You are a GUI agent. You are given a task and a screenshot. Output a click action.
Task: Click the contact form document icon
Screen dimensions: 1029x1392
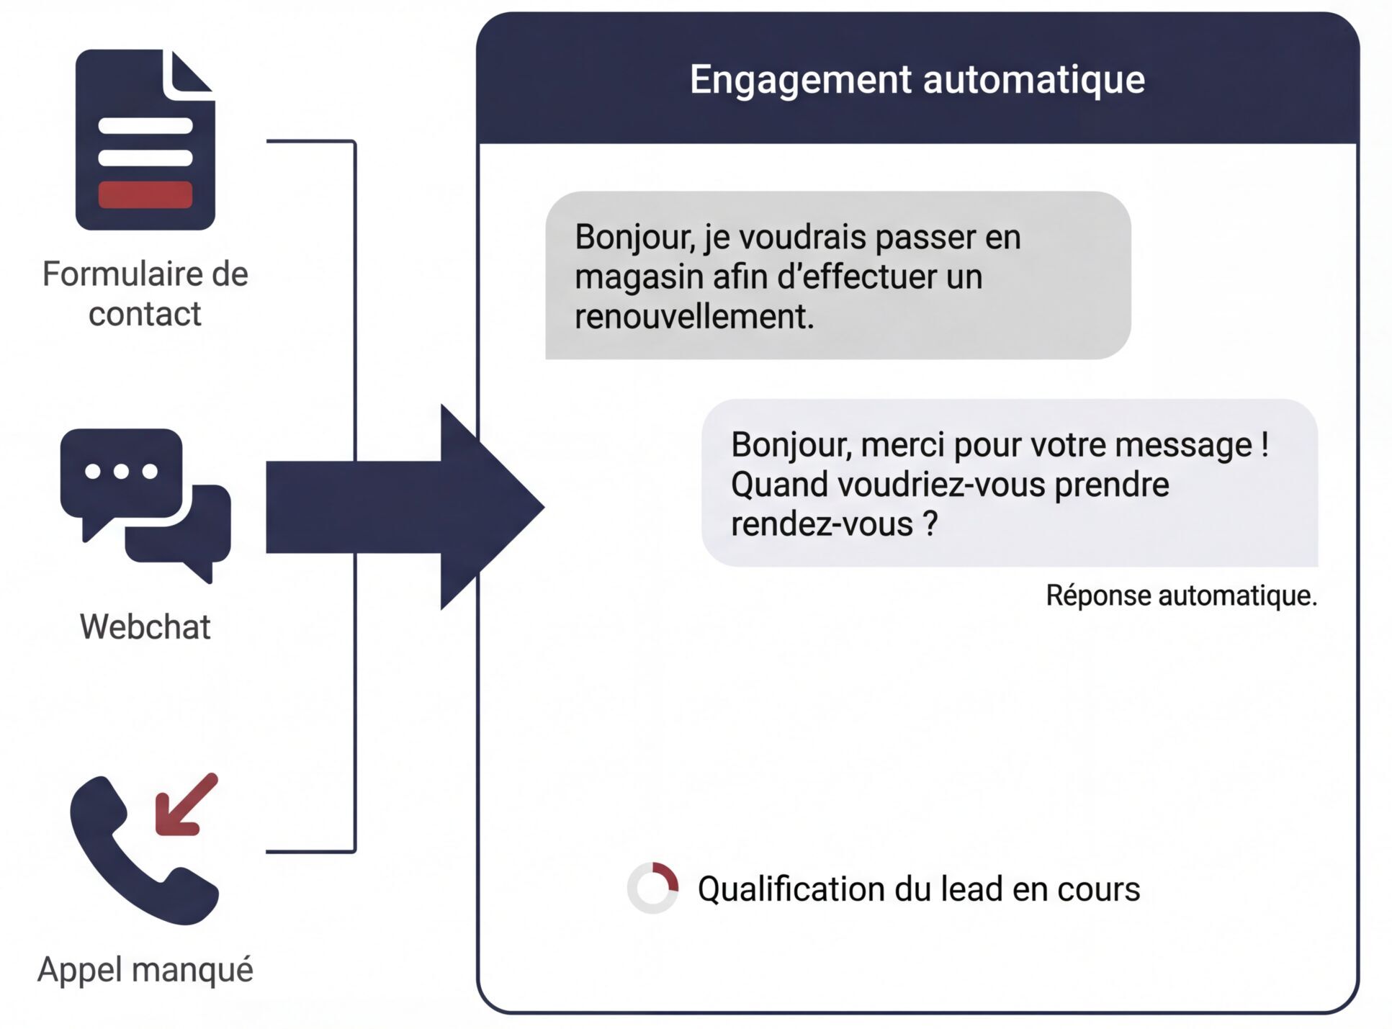coord(145,140)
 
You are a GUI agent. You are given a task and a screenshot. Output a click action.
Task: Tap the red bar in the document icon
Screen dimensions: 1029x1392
coord(145,194)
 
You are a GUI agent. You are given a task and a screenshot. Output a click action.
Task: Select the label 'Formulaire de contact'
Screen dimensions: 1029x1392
coord(145,294)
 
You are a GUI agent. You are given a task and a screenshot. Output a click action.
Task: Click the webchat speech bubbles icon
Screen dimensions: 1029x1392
coord(145,504)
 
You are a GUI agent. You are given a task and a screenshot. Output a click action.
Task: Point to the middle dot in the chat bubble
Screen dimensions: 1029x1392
coord(121,472)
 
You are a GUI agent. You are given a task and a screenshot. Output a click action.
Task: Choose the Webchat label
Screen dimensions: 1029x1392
coord(145,626)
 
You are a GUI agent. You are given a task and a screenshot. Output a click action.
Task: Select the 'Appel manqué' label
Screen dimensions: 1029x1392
coord(145,969)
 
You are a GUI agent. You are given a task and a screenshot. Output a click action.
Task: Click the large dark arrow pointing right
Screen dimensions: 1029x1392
coord(403,507)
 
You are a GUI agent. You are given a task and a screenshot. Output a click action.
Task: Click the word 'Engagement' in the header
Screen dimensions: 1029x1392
coord(800,79)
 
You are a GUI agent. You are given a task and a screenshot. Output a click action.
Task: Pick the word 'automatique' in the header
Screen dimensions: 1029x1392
coord(1034,79)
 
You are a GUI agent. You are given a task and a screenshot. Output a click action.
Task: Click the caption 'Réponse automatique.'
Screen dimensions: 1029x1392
coord(1181,596)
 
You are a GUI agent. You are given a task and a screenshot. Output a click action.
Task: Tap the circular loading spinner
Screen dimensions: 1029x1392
coord(652,888)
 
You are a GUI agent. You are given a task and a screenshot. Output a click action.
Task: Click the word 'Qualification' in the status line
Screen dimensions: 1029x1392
coord(791,889)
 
